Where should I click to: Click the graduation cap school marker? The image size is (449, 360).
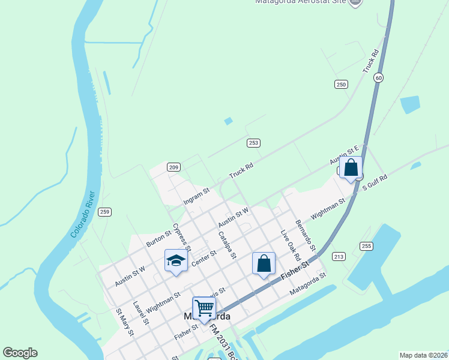coord(176,260)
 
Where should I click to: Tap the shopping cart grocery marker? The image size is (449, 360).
coord(204,308)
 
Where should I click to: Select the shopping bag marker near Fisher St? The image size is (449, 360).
coord(264,263)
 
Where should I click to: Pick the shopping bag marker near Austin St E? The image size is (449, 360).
coord(351,167)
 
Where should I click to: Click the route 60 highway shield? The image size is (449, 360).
coord(378,77)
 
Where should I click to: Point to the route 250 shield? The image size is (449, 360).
coord(341,85)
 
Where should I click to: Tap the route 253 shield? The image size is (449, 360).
coord(253,142)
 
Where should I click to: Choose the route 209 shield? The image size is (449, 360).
coord(173,167)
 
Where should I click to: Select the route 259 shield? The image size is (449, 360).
coord(105,212)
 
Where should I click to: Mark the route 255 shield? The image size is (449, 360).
coord(366,246)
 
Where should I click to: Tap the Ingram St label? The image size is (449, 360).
coord(196,196)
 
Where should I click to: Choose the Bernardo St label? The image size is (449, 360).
coord(306,236)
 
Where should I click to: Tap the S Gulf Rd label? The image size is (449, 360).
coord(375,182)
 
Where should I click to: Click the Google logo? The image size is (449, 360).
coord(20,353)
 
